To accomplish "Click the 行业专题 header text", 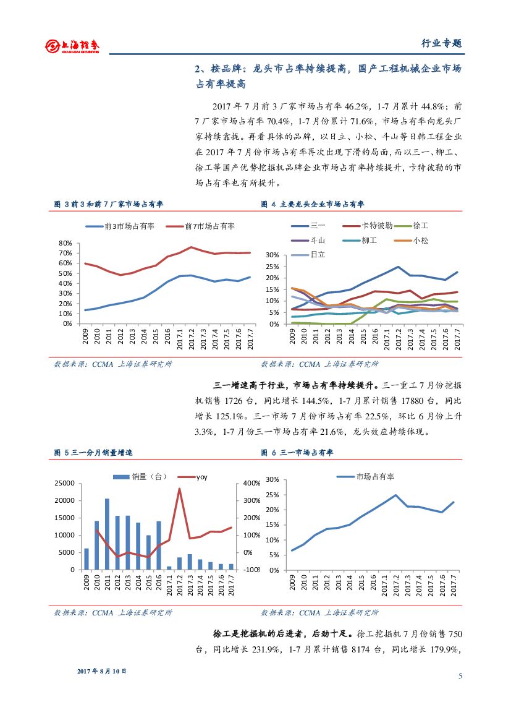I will pos(441,43).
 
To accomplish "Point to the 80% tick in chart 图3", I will pos(65,244).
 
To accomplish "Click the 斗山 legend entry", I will pos(318,240).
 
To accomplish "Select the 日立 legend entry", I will pos(318,254).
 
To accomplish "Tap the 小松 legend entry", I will pos(421,240).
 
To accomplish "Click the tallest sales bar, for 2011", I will pos(107,534).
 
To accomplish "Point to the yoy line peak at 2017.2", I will pos(179,489).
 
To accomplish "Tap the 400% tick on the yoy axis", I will pos(252,483).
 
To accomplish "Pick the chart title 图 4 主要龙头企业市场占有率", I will pos(313,204).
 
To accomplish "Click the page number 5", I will pos(460,676).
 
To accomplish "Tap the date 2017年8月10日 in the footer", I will pos(101,671).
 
